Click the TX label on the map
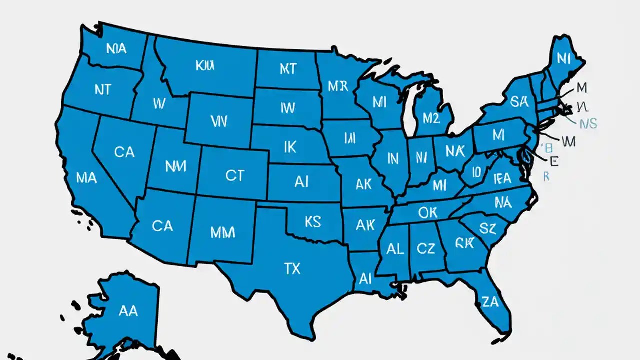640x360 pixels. pyautogui.click(x=293, y=269)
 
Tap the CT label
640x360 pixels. pyautogui.click(x=234, y=175)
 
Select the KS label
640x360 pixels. pyautogui.click(x=312, y=221)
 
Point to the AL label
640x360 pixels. pyautogui.click(x=395, y=249)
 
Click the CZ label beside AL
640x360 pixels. pyautogui.click(x=425, y=248)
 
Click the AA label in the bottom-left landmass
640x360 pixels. pyautogui.click(x=128, y=311)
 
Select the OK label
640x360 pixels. pyautogui.click(x=427, y=213)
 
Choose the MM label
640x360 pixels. pyautogui.click(x=222, y=233)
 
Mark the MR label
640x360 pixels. pyautogui.click(x=337, y=86)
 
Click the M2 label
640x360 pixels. pyautogui.click(x=430, y=118)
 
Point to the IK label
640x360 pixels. pyautogui.click(x=290, y=146)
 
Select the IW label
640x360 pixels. pyautogui.click(x=288, y=107)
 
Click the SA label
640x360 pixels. pyautogui.click(x=519, y=102)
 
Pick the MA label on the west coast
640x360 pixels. pyautogui.click(x=86, y=177)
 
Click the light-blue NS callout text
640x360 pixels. pyautogui.click(x=588, y=123)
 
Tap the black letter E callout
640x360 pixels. pyautogui.click(x=553, y=161)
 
